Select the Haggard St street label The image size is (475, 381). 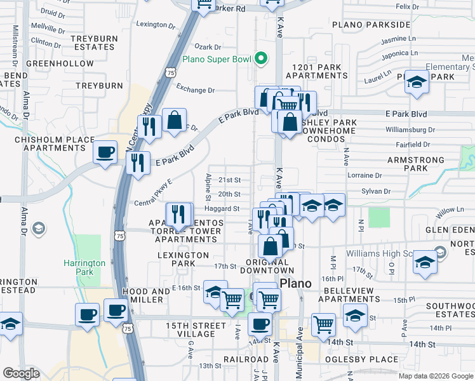click(222, 208)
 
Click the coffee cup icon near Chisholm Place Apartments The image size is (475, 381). click(105, 152)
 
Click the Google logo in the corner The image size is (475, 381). click(22, 373)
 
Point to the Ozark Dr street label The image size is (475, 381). click(208, 47)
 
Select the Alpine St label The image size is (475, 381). click(208, 185)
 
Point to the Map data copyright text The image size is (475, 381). click(436, 376)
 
